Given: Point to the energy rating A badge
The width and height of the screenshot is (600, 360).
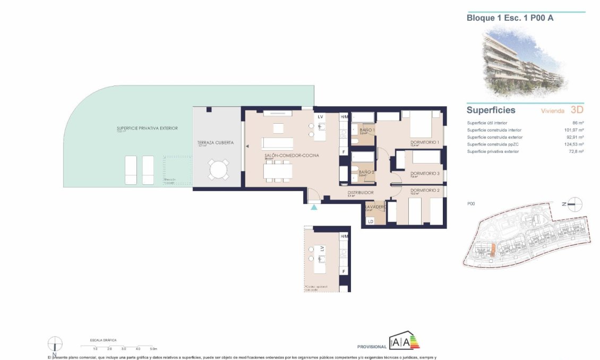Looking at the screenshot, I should tap(406, 342).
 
